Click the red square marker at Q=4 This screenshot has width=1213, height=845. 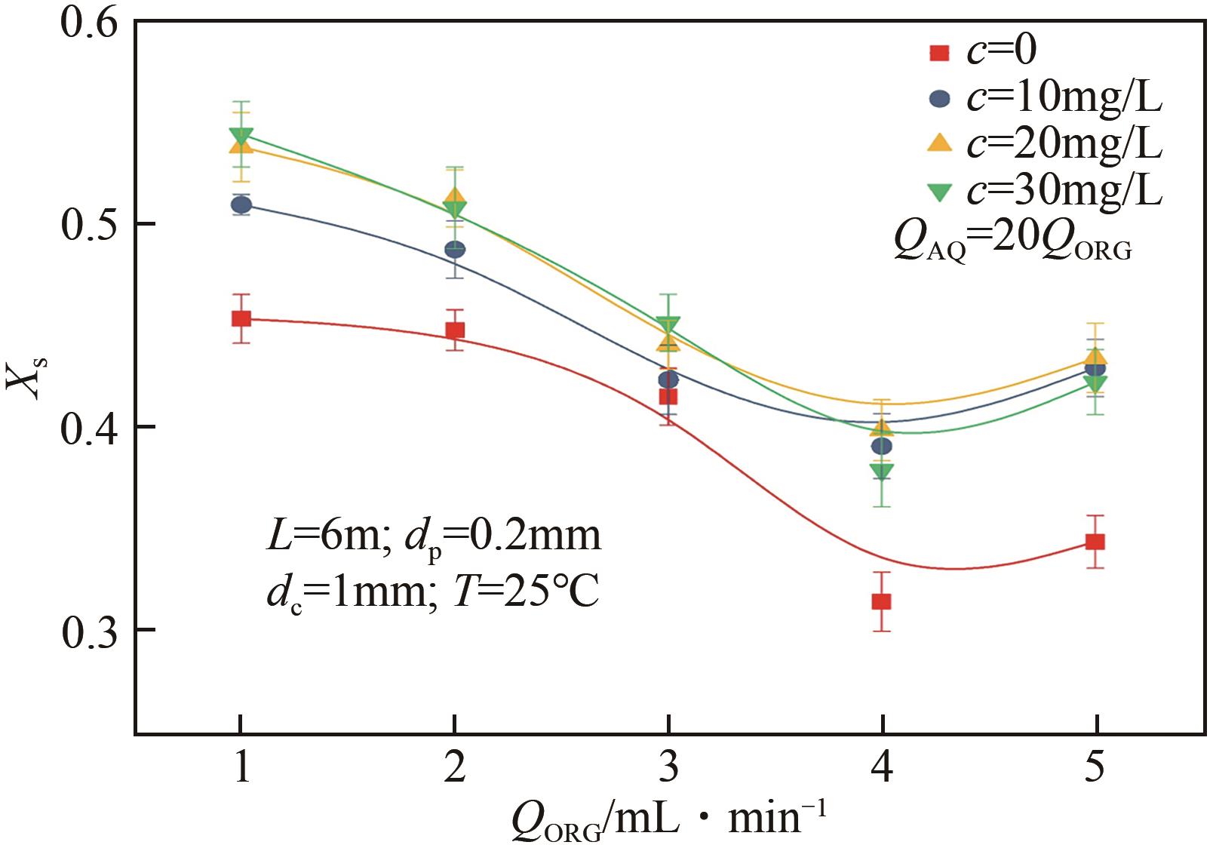(881, 601)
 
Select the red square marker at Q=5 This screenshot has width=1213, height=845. (1095, 542)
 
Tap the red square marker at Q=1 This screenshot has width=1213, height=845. (241, 318)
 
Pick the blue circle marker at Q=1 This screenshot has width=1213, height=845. (241, 204)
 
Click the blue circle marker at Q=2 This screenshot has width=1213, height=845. (455, 249)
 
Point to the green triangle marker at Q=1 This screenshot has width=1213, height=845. (241, 137)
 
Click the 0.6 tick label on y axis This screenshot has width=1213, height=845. (89, 22)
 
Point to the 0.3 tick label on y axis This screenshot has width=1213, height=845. (89, 631)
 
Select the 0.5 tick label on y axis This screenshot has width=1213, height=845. (89, 224)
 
